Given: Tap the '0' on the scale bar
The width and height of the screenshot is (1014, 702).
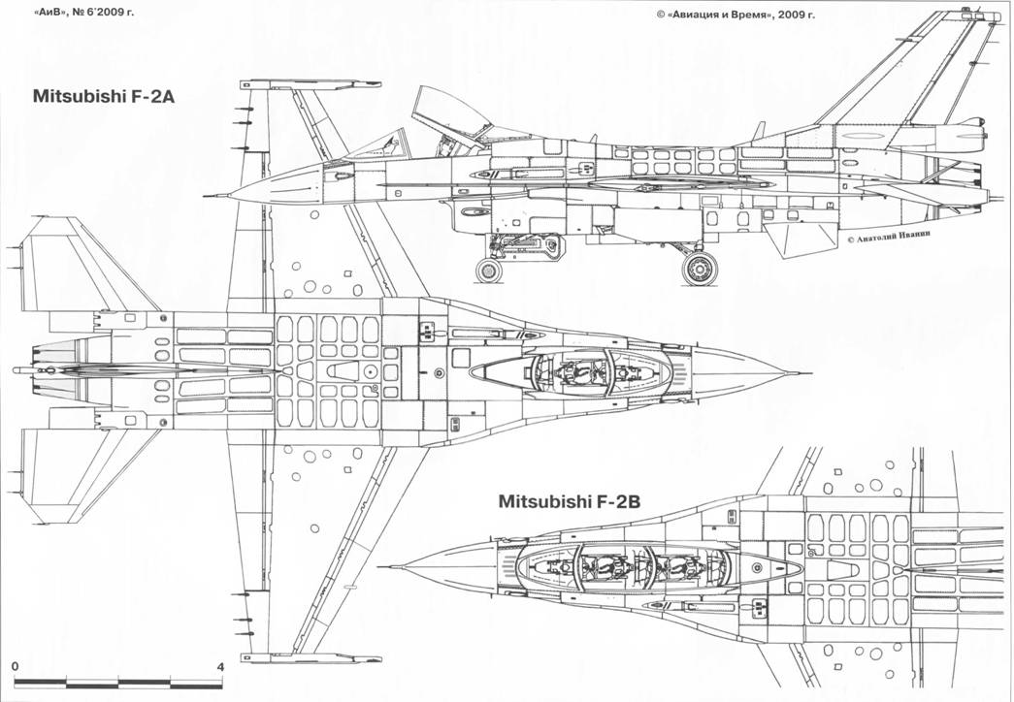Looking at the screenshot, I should coord(16,667).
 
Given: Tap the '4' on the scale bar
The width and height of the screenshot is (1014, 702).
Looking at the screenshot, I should coord(221,667).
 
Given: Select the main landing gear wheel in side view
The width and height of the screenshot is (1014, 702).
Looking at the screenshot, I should coord(698,268).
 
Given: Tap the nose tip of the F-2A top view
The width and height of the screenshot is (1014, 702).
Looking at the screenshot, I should coord(803,372).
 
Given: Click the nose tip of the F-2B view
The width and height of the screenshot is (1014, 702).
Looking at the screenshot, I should coord(382,566).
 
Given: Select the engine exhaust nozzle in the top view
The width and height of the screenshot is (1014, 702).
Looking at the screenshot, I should coord(44,371).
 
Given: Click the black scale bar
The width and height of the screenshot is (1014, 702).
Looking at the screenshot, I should coord(118,683).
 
